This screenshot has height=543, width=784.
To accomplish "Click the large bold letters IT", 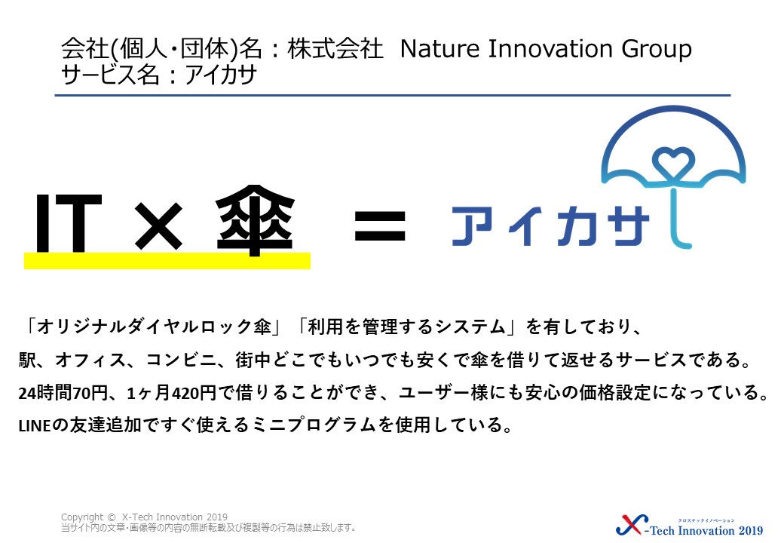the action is [69, 222].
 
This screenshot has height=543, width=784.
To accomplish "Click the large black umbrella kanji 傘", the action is [255, 220].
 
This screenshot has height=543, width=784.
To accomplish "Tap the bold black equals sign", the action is [380, 226].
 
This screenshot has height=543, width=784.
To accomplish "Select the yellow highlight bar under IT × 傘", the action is [167, 260].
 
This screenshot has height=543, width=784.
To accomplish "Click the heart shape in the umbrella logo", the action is [673, 160].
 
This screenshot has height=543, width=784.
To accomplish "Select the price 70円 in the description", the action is [90, 393].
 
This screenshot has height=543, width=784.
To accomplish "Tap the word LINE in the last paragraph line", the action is [35, 426].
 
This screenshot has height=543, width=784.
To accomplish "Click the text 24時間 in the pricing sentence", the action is [45, 393].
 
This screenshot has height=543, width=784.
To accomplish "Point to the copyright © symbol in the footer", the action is [112, 517].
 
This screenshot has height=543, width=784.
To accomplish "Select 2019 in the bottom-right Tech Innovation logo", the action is [751, 530].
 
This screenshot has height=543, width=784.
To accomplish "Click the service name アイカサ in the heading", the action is [220, 75].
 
